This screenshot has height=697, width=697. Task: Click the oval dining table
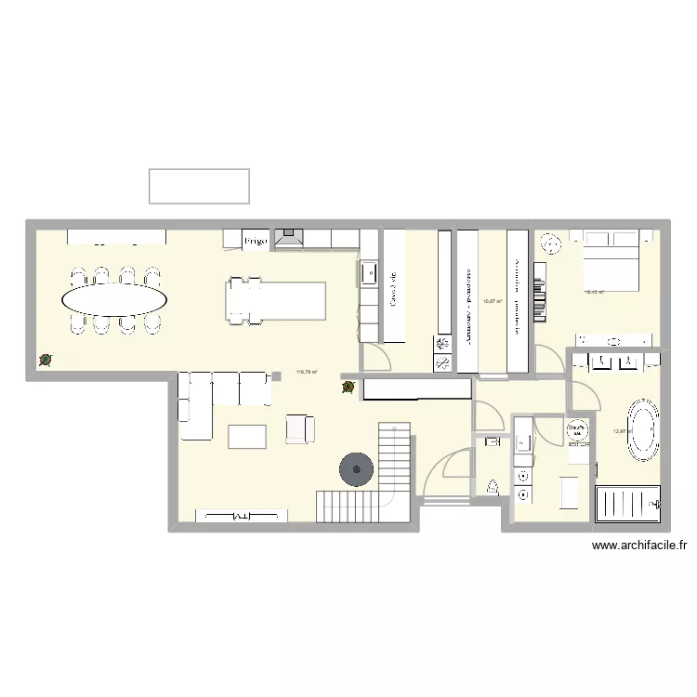tap(114, 299)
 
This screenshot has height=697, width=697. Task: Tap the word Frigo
tap(256, 241)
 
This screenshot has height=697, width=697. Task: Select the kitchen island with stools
tap(276, 299)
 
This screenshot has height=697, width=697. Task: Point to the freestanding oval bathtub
tap(643, 429)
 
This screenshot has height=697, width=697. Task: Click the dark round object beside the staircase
tap(356, 469)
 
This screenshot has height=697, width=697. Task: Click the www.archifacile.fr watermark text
tap(638, 547)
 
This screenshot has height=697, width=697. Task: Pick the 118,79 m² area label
tap(307, 374)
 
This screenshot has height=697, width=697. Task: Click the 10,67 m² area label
tap(492, 301)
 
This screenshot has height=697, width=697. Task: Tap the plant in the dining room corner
tap(45, 361)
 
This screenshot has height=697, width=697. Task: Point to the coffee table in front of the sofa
tap(247, 435)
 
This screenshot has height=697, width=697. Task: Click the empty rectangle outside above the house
tap(199, 186)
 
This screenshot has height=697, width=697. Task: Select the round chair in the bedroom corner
tap(552, 243)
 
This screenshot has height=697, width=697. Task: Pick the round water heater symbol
tap(578, 430)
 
